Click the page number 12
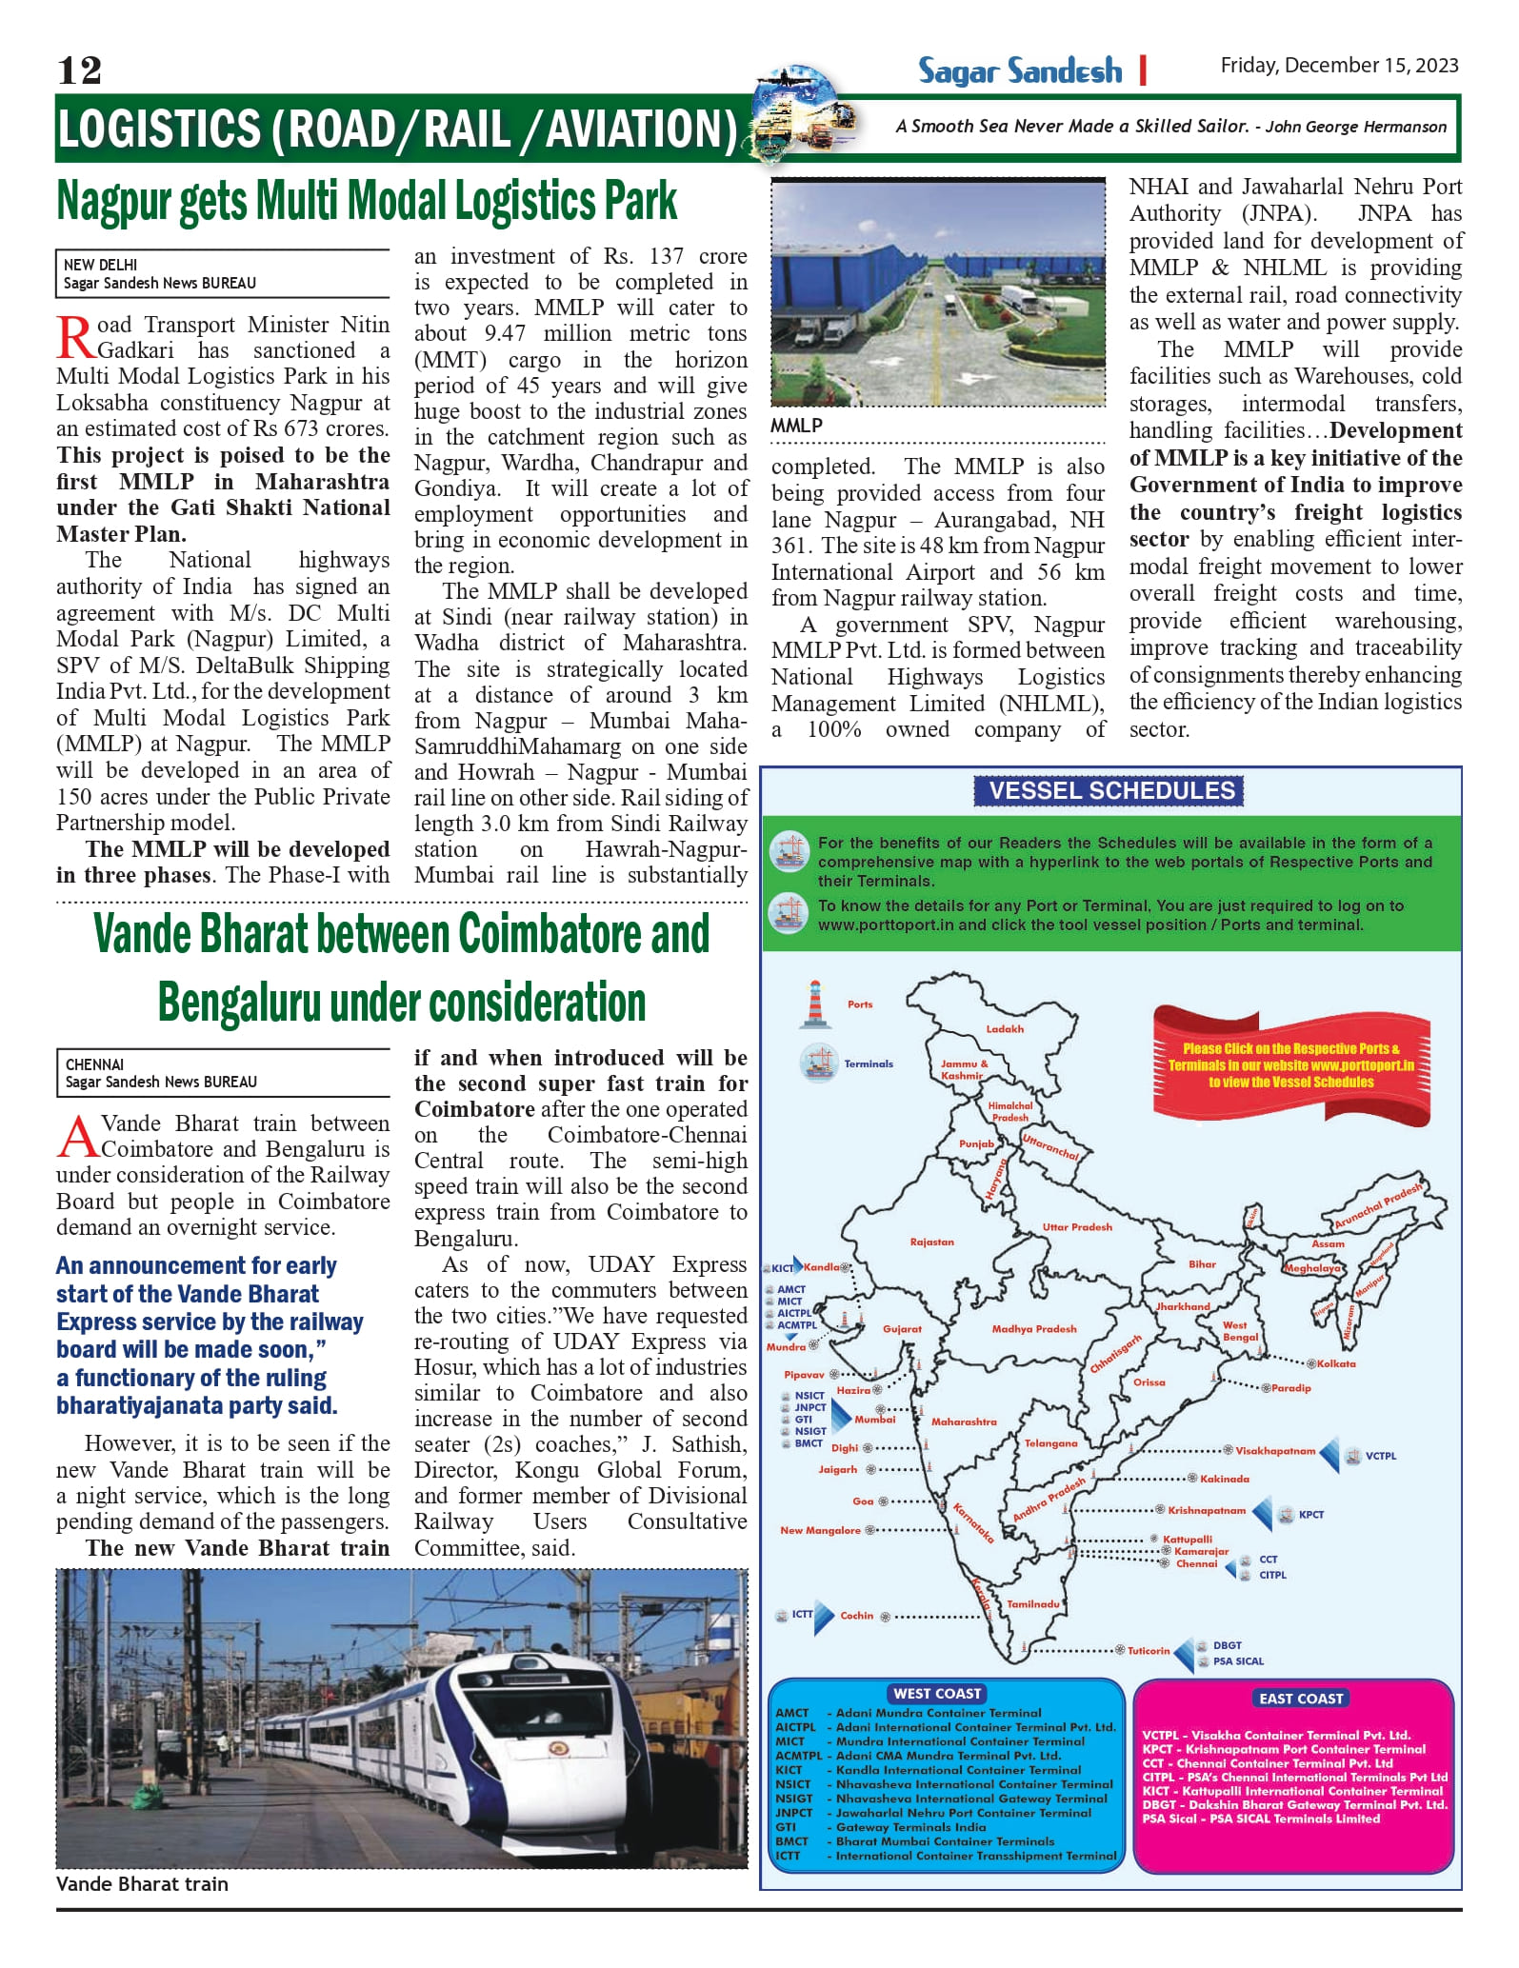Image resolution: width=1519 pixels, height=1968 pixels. coord(79,70)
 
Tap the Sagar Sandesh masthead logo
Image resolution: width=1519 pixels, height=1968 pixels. coord(1020,71)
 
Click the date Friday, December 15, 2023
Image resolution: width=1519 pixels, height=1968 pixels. coord(1339,66)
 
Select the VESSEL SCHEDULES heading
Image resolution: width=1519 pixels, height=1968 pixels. coord(1111,790)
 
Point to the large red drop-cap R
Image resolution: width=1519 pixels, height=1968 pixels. coord(75,338)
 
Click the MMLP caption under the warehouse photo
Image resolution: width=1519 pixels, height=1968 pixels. coord(796,426)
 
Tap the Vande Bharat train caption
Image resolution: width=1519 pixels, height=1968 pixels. coord(142,1883)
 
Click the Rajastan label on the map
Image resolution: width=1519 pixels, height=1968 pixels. coord(931,1242)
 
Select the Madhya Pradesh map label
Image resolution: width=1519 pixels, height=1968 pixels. coord(1033,1328)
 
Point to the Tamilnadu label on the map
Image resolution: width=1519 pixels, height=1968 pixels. coord(1033,1603)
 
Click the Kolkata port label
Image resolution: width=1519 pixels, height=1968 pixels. coord(1336,1363)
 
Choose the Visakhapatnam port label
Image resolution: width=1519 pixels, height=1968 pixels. coord(1275,1451)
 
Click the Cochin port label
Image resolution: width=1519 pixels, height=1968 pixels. coord(856,1615)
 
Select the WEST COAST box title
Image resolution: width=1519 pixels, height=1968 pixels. coord(937,1693)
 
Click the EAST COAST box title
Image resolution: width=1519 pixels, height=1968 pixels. coord(1300,1698)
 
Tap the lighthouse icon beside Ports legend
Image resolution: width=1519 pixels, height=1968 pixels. coord(814,1004)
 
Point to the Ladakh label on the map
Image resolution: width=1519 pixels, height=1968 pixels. coord(1005,1028)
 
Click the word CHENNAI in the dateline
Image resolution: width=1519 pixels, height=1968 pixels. coord(94,1064)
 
